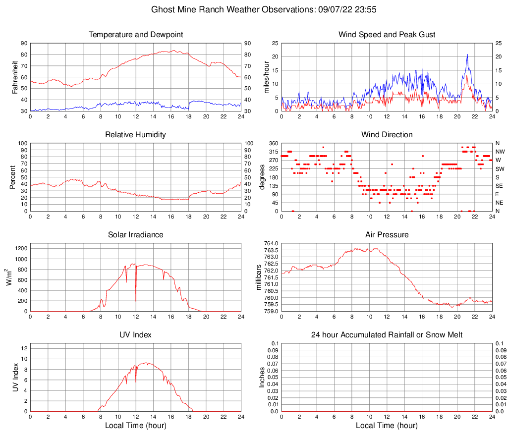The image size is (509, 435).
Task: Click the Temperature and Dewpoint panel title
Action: tap(136, 35)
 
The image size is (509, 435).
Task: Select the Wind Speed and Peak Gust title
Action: tap(387, 35)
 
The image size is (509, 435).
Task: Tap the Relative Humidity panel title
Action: tap(136, 135)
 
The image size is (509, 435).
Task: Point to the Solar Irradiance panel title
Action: tap(136, 235)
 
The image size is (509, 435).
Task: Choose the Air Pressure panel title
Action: tap(387, 235)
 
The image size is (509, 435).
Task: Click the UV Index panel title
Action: tap(136, 335)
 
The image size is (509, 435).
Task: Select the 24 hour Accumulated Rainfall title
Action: tap(387, 335)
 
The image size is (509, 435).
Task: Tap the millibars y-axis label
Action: tap(259, 277)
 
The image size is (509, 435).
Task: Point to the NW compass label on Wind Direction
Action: tap(500, 152)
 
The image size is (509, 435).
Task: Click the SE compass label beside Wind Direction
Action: tap(500, 186)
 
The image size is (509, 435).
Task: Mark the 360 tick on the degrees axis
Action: tap(273, 143)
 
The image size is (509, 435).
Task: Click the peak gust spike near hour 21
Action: tap(467, 55)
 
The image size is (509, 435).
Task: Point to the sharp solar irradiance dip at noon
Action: tap(136, 300)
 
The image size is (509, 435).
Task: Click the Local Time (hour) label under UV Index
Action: tap(136, 426)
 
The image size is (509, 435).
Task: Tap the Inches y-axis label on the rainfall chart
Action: tap(262, 377)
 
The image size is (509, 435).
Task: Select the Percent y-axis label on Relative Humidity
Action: tap(12, 177)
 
